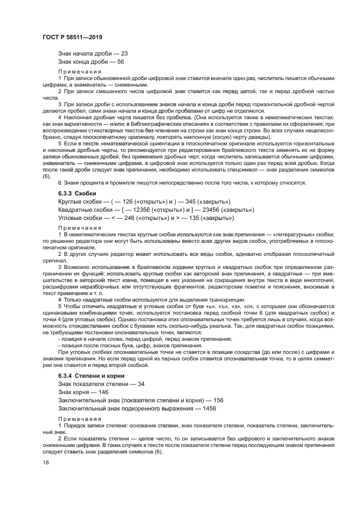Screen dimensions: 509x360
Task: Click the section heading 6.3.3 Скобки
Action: [77, 193]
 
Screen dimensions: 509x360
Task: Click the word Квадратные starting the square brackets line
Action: [75, 210]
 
